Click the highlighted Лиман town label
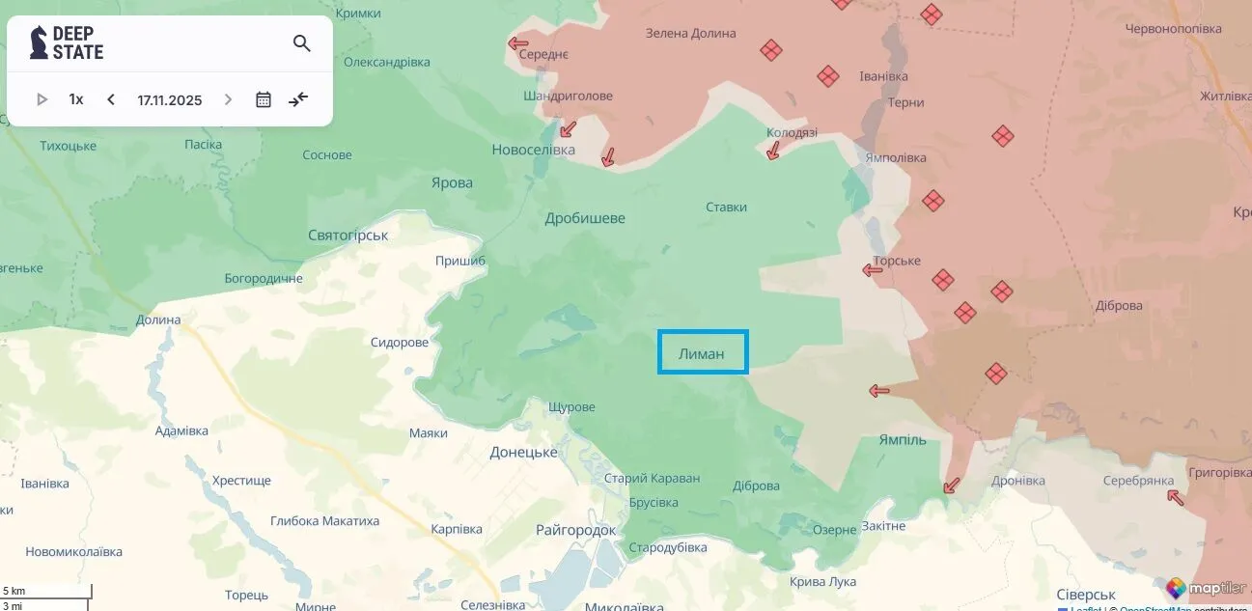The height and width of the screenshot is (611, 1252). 702,353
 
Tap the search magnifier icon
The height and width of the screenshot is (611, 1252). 302,43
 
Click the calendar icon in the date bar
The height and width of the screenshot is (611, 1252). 264,99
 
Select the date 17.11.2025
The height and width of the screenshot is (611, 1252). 170,99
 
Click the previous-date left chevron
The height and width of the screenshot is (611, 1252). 111,99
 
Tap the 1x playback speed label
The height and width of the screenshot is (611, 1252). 76,99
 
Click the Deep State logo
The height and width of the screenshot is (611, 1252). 67,43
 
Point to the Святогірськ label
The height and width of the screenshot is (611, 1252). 348,236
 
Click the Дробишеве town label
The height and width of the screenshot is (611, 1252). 585,218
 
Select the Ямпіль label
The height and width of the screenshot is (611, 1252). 903,440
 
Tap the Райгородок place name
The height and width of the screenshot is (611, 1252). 575,530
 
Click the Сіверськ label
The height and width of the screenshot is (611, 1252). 1086,595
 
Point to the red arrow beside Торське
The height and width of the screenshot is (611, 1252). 873,270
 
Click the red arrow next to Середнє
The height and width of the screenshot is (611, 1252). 518,42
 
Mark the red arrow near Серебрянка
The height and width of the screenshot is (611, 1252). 1175,497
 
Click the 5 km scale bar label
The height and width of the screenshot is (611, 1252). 14,591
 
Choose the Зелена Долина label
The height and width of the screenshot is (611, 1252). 691,34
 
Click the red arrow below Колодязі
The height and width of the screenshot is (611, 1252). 772,151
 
